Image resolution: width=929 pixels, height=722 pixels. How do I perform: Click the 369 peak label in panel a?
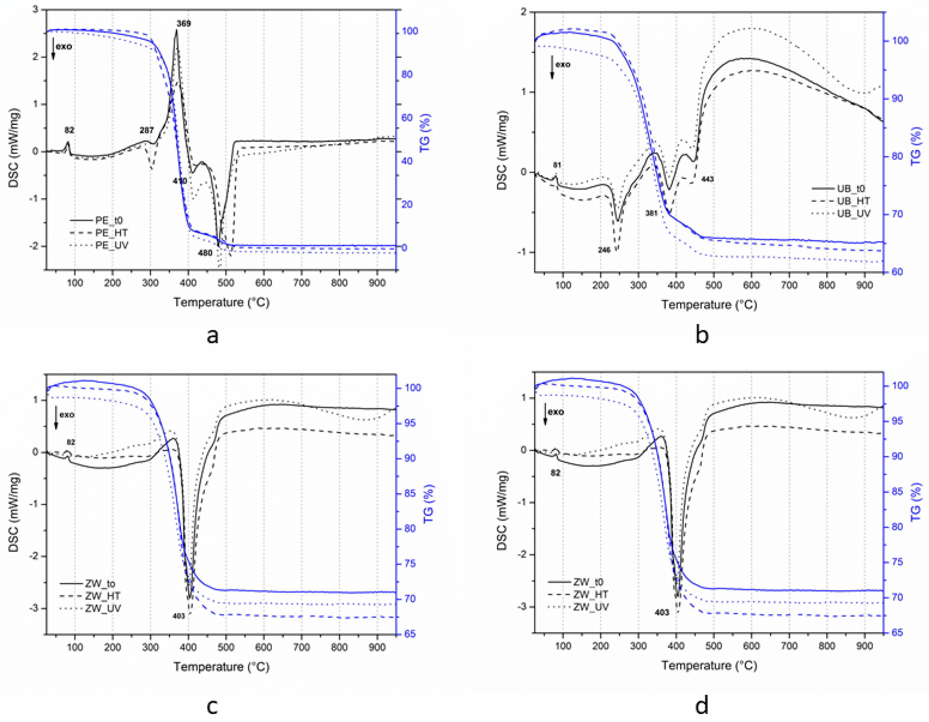click(x=184, y=24)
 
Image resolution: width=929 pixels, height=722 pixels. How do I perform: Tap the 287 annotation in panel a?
click(x=146, y=131)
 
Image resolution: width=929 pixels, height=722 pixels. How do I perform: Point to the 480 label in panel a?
click(x=205, y=253)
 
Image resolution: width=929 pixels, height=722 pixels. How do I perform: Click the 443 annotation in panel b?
click(x=707, y=179)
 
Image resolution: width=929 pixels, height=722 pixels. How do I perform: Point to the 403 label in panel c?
click(x=179, y=616)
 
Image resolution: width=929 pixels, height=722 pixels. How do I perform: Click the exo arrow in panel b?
click(x=552, y=67)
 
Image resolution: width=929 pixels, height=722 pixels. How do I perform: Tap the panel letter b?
click(x=702, y=335)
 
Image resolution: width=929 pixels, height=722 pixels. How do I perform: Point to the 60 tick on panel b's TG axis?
click(x=897, y=272)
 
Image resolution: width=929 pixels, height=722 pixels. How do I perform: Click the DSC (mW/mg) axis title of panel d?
click(x=502, y=510)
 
